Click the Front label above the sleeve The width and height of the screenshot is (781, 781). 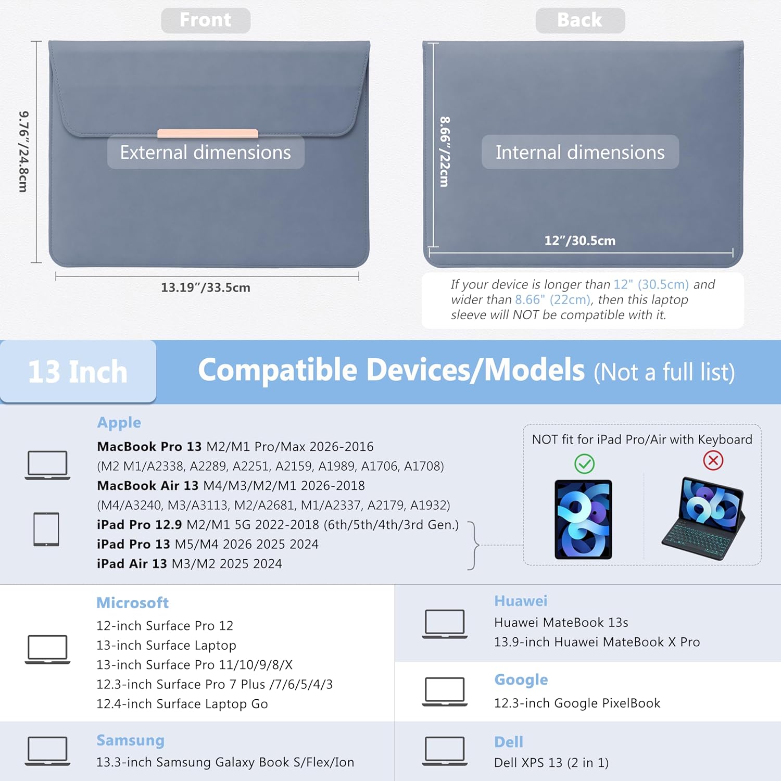click(206, 20)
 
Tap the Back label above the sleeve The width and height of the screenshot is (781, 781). click(580, 20)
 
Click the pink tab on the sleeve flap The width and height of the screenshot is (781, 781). click(208, 133)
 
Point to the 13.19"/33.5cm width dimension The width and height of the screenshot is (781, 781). click(206, 287)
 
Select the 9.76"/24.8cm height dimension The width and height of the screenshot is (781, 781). click(24, 152)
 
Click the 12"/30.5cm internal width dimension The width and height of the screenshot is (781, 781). click(580, 241)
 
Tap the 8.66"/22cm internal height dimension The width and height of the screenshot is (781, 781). click(444, 152)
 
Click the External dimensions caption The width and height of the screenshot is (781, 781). click(206, 152)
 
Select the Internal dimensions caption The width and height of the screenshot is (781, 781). click(580, 152)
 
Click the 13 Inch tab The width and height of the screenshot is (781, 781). click(78, 372)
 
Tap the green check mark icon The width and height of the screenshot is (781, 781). click(584, 463)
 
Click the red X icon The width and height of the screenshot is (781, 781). click(713, 460)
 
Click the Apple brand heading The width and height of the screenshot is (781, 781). click(119, 423)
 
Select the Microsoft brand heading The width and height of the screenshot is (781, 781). click(133, 602)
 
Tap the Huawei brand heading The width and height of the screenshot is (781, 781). click(521, 601)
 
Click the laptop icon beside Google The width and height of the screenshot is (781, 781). click(445, 691)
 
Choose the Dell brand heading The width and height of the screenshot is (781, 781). click(509, 742)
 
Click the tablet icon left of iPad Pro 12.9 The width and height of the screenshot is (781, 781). click(46, 529)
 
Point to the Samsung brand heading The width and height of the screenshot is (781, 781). click(131, 740)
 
